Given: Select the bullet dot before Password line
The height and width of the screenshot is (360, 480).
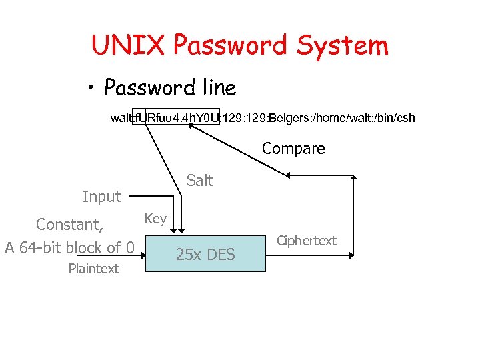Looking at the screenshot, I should tap(93, 89).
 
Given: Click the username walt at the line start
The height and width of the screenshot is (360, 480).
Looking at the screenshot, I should tap(121, 118).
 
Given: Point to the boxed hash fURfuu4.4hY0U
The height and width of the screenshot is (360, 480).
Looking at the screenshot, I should tap(177, 118).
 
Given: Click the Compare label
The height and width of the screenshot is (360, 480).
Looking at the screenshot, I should tap(293, 149).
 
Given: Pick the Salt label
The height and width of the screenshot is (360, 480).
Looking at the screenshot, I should tap(199, 180).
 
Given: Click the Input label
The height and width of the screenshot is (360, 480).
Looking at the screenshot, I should tap(101, 197).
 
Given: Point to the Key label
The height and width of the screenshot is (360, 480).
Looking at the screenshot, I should tap(155, 219).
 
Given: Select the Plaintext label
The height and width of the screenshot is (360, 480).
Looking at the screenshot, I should tap(94, 269).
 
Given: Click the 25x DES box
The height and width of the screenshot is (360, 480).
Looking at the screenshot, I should tap(205, 253).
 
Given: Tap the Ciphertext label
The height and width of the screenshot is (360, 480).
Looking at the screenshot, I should tap(307, 241).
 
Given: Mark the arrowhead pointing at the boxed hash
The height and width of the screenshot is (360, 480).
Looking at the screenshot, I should tap(192, 129).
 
